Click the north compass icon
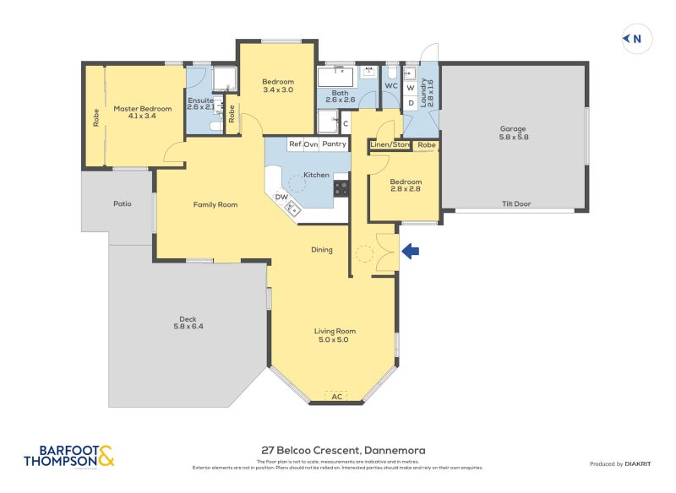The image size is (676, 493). [x=633, y=38]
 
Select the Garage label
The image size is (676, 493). [x=513, y=133]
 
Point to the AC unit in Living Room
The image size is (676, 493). [x=336, y=396]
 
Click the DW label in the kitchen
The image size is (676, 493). [x=282, y=198]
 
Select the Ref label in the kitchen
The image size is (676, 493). [x=295, y=144]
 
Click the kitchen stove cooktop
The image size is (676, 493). [x=341, y=187]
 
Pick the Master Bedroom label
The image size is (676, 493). [x=137, y=113]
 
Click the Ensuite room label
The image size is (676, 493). [x=201, y=105]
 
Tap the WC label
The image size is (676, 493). [x=391, y=85]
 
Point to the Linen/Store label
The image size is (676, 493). [x=390, y=144]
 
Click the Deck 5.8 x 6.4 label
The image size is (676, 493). [x=189, y=322]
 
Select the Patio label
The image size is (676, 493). [x=122, y=203]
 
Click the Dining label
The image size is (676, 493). [x=321, y=250]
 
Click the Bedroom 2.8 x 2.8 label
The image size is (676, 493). [x=406, y=186]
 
